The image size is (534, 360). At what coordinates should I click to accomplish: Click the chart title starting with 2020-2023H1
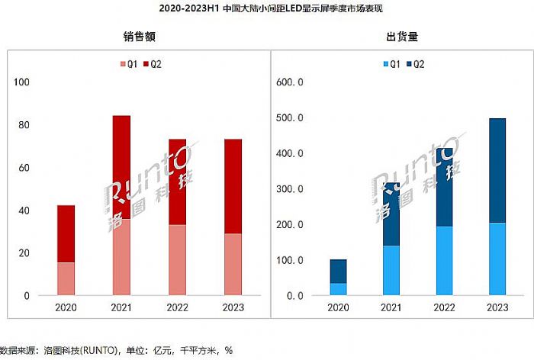click(267, 9)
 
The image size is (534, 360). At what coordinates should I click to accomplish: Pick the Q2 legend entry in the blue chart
click(414, 64)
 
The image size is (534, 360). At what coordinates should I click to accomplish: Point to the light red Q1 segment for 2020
click(66, 278)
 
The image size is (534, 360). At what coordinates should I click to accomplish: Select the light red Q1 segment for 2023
click(233, 264)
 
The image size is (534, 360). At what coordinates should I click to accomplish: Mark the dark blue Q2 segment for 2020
click(338, 272)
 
